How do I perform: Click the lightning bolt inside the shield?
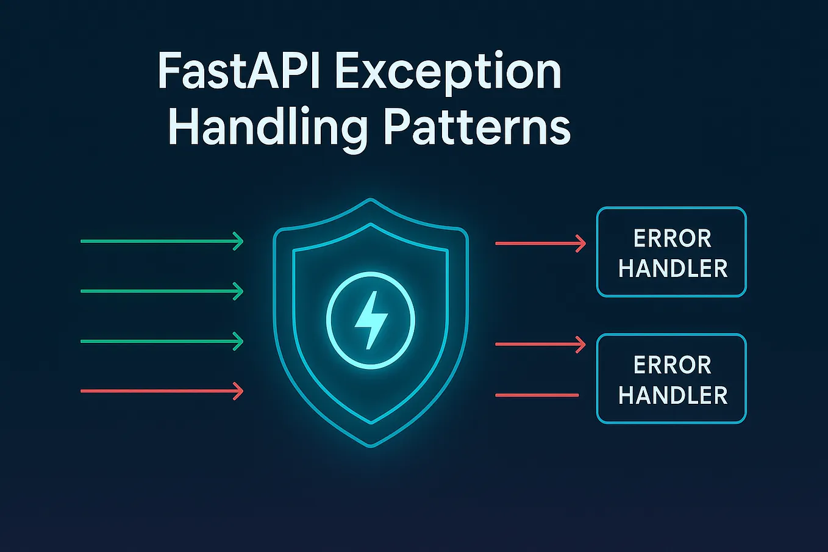coord(371,320)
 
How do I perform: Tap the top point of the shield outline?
coord(371,199)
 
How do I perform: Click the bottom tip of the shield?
coord(371,445)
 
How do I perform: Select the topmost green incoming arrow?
coord(162,242)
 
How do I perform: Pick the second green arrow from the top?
coord(162,292)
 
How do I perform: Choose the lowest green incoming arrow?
coord(162,342)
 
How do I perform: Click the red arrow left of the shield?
coord(162,391)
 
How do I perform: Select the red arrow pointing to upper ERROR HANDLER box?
coord(540,244)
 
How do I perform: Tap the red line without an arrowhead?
coord(537,395)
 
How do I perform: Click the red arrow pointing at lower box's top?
coord(540,345)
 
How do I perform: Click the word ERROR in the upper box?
coord(672,238)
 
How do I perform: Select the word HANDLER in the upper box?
coord(673,268)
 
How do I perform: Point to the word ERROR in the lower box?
coord(672,365)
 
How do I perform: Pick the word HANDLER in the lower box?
coord(673,395)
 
